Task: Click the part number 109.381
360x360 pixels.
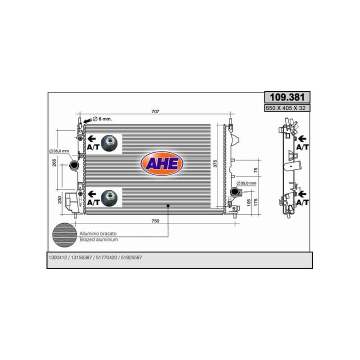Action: click(x=286, y=98)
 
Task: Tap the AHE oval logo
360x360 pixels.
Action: click(x=162, y=164)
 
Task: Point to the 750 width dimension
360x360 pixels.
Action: click(x=155, y=221)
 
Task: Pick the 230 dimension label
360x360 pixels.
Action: click(x=59, y=199)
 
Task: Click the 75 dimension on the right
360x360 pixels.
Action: click(x=255, y=170)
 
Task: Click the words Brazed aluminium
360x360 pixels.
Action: click(x=98, y=240)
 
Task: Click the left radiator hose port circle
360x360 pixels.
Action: click(x=74, y=165)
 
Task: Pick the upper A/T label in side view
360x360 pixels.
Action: click(x=302, y=147)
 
